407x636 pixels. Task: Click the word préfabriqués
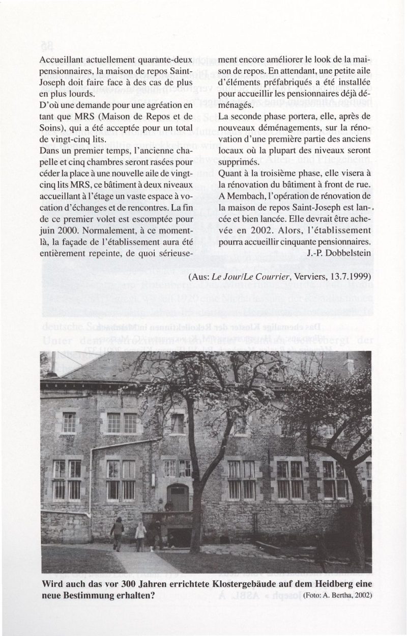click(289, 82)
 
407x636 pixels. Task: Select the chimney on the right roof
click(348, 365)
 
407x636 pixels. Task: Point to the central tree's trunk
click(195, 515)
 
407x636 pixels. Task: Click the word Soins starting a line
click(50, 117)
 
